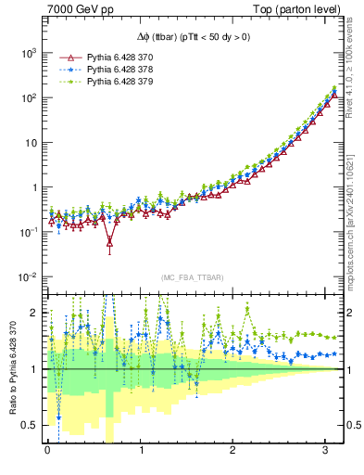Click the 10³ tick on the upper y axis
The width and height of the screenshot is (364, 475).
[x=27, y=53]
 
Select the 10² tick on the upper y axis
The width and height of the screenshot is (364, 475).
[x=27, y=97]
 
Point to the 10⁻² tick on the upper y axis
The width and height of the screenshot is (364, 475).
[x=26, y=277]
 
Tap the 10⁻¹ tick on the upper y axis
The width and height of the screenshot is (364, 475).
[x=26, y=232]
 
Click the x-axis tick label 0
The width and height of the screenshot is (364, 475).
[x=46, y=450]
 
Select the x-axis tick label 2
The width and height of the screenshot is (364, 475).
[x=235, y=450]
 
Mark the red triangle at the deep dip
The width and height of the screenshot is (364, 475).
[x=110, y=244]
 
